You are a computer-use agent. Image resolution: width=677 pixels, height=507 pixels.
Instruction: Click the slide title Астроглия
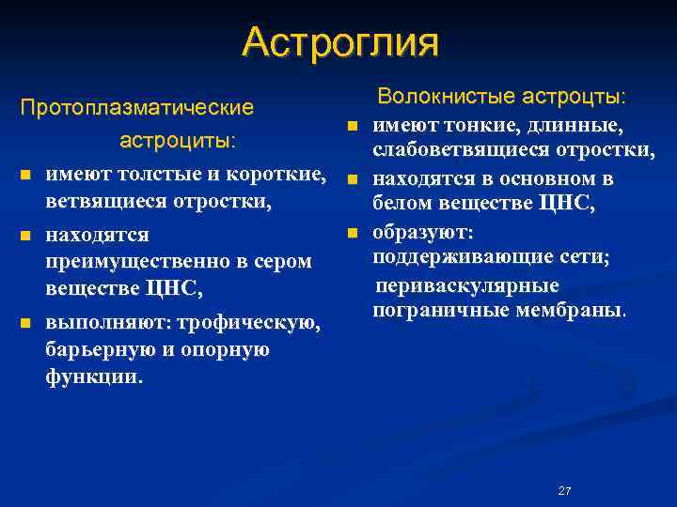click(x=339, y=42)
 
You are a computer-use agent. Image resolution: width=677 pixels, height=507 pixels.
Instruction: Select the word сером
click(x=278, y=260)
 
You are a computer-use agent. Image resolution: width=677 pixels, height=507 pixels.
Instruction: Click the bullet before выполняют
click(x=26, y=324)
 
